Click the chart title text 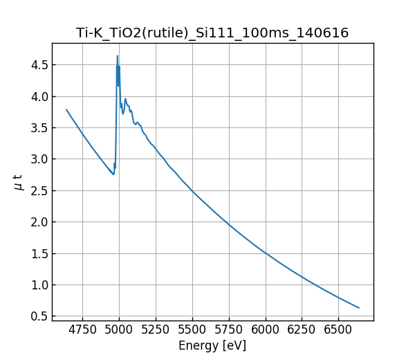[x=212, y=33]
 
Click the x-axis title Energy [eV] [x=212, y=345]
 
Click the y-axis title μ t [x=19, y=182]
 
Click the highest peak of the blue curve [x=118, y=56]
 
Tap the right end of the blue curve [x=359, y=308]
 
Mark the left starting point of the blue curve [x=66, y=109]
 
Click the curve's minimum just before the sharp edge [x=113, y=174]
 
